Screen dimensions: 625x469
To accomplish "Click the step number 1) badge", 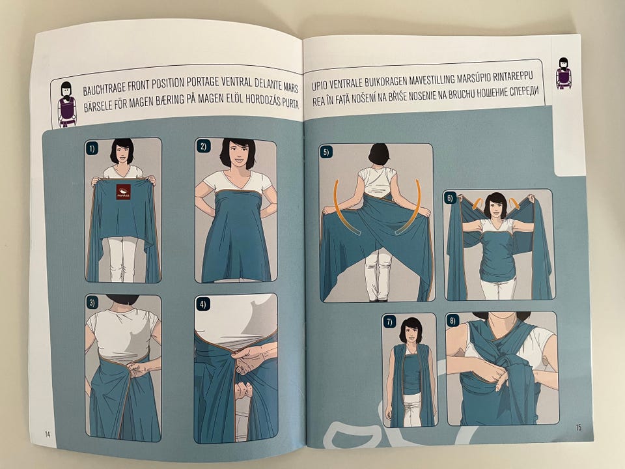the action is [92, 149].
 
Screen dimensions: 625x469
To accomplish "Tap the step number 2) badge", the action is [203, 147].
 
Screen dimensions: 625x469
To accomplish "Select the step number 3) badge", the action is [92, 303].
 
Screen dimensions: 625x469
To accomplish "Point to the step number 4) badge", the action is [203, 304].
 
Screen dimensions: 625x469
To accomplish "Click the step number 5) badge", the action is [326, 152].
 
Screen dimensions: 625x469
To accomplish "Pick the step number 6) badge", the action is [450, 198].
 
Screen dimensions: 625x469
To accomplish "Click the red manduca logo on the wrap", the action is [124, 192].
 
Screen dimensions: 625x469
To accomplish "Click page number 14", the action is [48, 434].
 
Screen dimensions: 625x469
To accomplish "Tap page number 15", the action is [579, 427].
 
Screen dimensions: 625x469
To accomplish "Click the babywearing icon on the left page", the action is [66, 104].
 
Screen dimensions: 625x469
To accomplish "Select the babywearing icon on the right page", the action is [563, 74].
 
